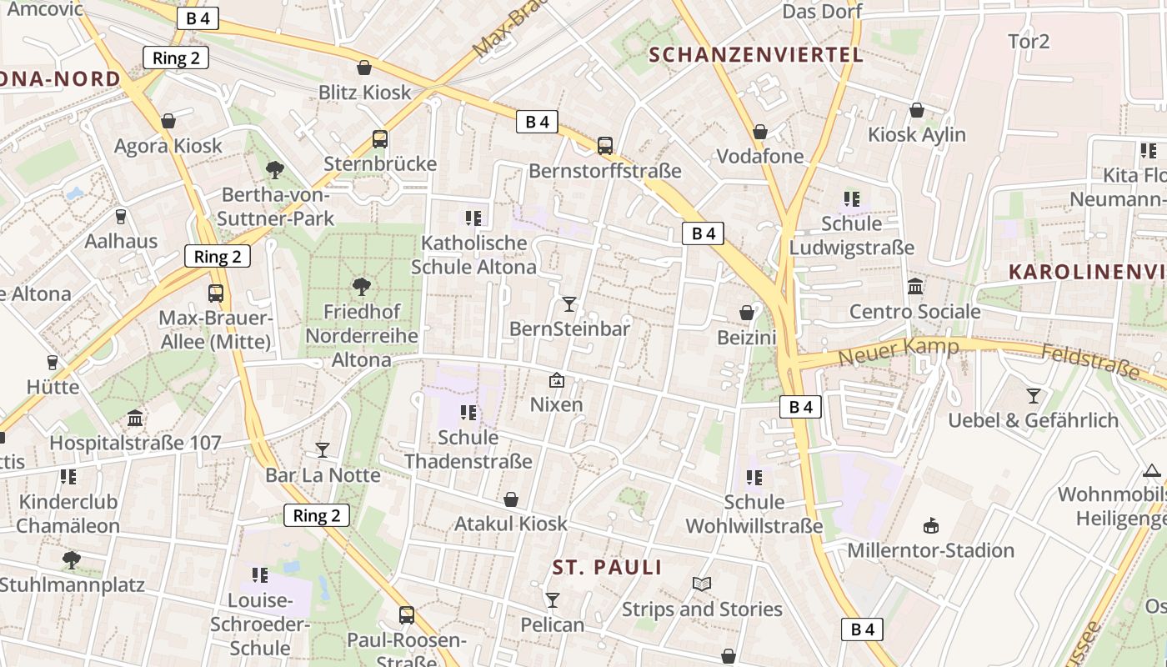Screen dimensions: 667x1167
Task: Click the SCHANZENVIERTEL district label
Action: [755, 55]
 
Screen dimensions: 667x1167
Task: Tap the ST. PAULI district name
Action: [607, 568]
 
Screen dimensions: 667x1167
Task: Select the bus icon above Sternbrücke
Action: [380, 139]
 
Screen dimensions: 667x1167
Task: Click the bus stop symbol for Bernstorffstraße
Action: [605, 146]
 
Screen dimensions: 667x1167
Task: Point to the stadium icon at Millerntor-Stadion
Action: [930, 525]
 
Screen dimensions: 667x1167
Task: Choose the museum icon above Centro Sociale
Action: [915, 287]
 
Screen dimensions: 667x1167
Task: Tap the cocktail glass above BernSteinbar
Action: [569, 303]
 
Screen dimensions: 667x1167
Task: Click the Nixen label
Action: [557, 405]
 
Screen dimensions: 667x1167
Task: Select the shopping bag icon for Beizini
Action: [747, 313]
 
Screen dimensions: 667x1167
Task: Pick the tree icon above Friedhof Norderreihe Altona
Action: [362, 287]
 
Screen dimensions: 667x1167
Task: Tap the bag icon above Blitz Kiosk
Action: [364, 68]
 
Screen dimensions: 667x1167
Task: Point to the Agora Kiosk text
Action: [168, 146]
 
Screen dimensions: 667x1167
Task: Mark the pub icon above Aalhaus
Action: [121, 217]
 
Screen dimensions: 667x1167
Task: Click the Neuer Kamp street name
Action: [898, 351]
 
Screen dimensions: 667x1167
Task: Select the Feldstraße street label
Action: [1090, 361]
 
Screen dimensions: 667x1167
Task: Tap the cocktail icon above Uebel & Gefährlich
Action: [1034, 395]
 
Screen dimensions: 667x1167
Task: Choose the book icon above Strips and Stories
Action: [702, 584]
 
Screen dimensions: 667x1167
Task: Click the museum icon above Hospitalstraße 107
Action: [135, 418]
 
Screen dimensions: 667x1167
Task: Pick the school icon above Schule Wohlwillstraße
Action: [754, 478]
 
